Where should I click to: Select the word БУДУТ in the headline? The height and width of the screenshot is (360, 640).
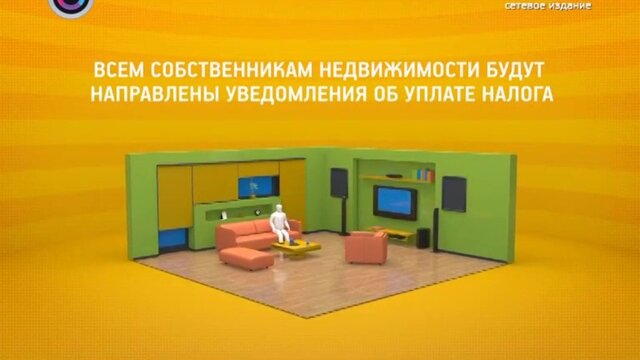tap(514, 70)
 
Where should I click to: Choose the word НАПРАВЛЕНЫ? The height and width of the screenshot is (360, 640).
tap(155, 94)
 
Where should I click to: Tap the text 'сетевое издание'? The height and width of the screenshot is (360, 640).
tap(548, 6)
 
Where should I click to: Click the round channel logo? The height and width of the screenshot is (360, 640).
tap(71, 7)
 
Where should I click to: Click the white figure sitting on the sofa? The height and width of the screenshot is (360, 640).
tap(279, 223)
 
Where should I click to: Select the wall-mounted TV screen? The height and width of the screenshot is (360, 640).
tap(395, 202)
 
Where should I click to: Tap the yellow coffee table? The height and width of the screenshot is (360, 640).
tap(297, 247)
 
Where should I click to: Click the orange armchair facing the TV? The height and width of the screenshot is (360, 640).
tap(365, 247)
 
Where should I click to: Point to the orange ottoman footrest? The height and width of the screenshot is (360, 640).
tap(246, 258)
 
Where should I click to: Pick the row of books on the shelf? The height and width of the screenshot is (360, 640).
tap(425, 174)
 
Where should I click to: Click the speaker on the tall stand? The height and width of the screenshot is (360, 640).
tap(339, 183)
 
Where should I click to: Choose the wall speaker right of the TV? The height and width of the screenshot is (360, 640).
tap(454, 194)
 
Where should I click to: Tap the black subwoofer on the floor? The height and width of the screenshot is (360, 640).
tap(423, 238)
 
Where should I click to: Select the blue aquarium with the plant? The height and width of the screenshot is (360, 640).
tap(256, 187)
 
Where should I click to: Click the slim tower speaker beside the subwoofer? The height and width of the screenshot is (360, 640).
tap(436, 230)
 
